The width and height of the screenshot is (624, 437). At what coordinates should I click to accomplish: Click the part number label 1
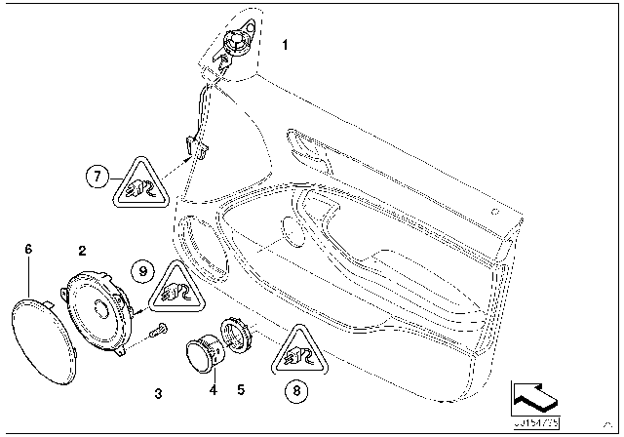pyautogui.click(x=285, y=45)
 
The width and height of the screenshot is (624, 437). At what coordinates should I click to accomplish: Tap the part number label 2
pyautogui.click(x=83, y=251)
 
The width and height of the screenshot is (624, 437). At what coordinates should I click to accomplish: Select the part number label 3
pyautogui.click(x=158, y=393)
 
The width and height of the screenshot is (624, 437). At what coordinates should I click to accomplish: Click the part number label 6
pyautogui.click(x=28, y=251)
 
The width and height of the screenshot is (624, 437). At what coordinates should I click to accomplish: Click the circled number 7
pyautogui.click(x=96, y=177)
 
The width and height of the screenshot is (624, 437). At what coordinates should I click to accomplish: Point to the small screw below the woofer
pyautogui.click(x=157, y=331)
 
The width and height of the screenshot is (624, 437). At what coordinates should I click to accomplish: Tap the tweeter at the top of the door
pyautogui.click(x=234, y=43)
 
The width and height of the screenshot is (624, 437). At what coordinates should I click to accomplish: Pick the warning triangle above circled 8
pyautogui.click(x=294, y=353)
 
